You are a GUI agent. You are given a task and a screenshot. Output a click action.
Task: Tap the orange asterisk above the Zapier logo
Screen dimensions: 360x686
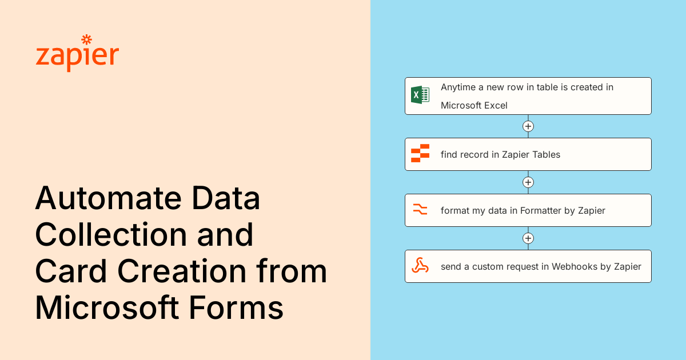(87, 39)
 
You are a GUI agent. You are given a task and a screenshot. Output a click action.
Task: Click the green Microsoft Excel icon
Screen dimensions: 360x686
(420, 95)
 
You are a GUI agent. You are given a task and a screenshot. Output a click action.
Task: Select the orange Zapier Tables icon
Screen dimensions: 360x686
(420, 154)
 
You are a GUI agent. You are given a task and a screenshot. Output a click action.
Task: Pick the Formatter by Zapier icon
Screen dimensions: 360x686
(420, 210)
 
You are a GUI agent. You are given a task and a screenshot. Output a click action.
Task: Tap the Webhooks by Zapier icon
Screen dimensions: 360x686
(420, 266)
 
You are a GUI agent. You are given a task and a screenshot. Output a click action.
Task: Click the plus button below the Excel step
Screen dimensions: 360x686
(528, 126)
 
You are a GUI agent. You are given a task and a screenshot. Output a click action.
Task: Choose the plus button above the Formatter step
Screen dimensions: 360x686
(528, 182)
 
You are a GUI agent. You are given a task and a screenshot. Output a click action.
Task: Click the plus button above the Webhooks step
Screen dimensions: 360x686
(528, 238)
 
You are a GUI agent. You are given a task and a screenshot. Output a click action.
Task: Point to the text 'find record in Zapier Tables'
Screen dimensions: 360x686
(500, 154)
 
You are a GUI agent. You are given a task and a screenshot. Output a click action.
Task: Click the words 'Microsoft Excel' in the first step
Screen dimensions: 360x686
(474, 105)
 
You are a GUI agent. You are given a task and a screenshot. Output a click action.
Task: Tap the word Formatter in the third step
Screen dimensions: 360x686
(540, 210)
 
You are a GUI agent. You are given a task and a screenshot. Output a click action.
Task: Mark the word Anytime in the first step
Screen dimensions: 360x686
(460, 87)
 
